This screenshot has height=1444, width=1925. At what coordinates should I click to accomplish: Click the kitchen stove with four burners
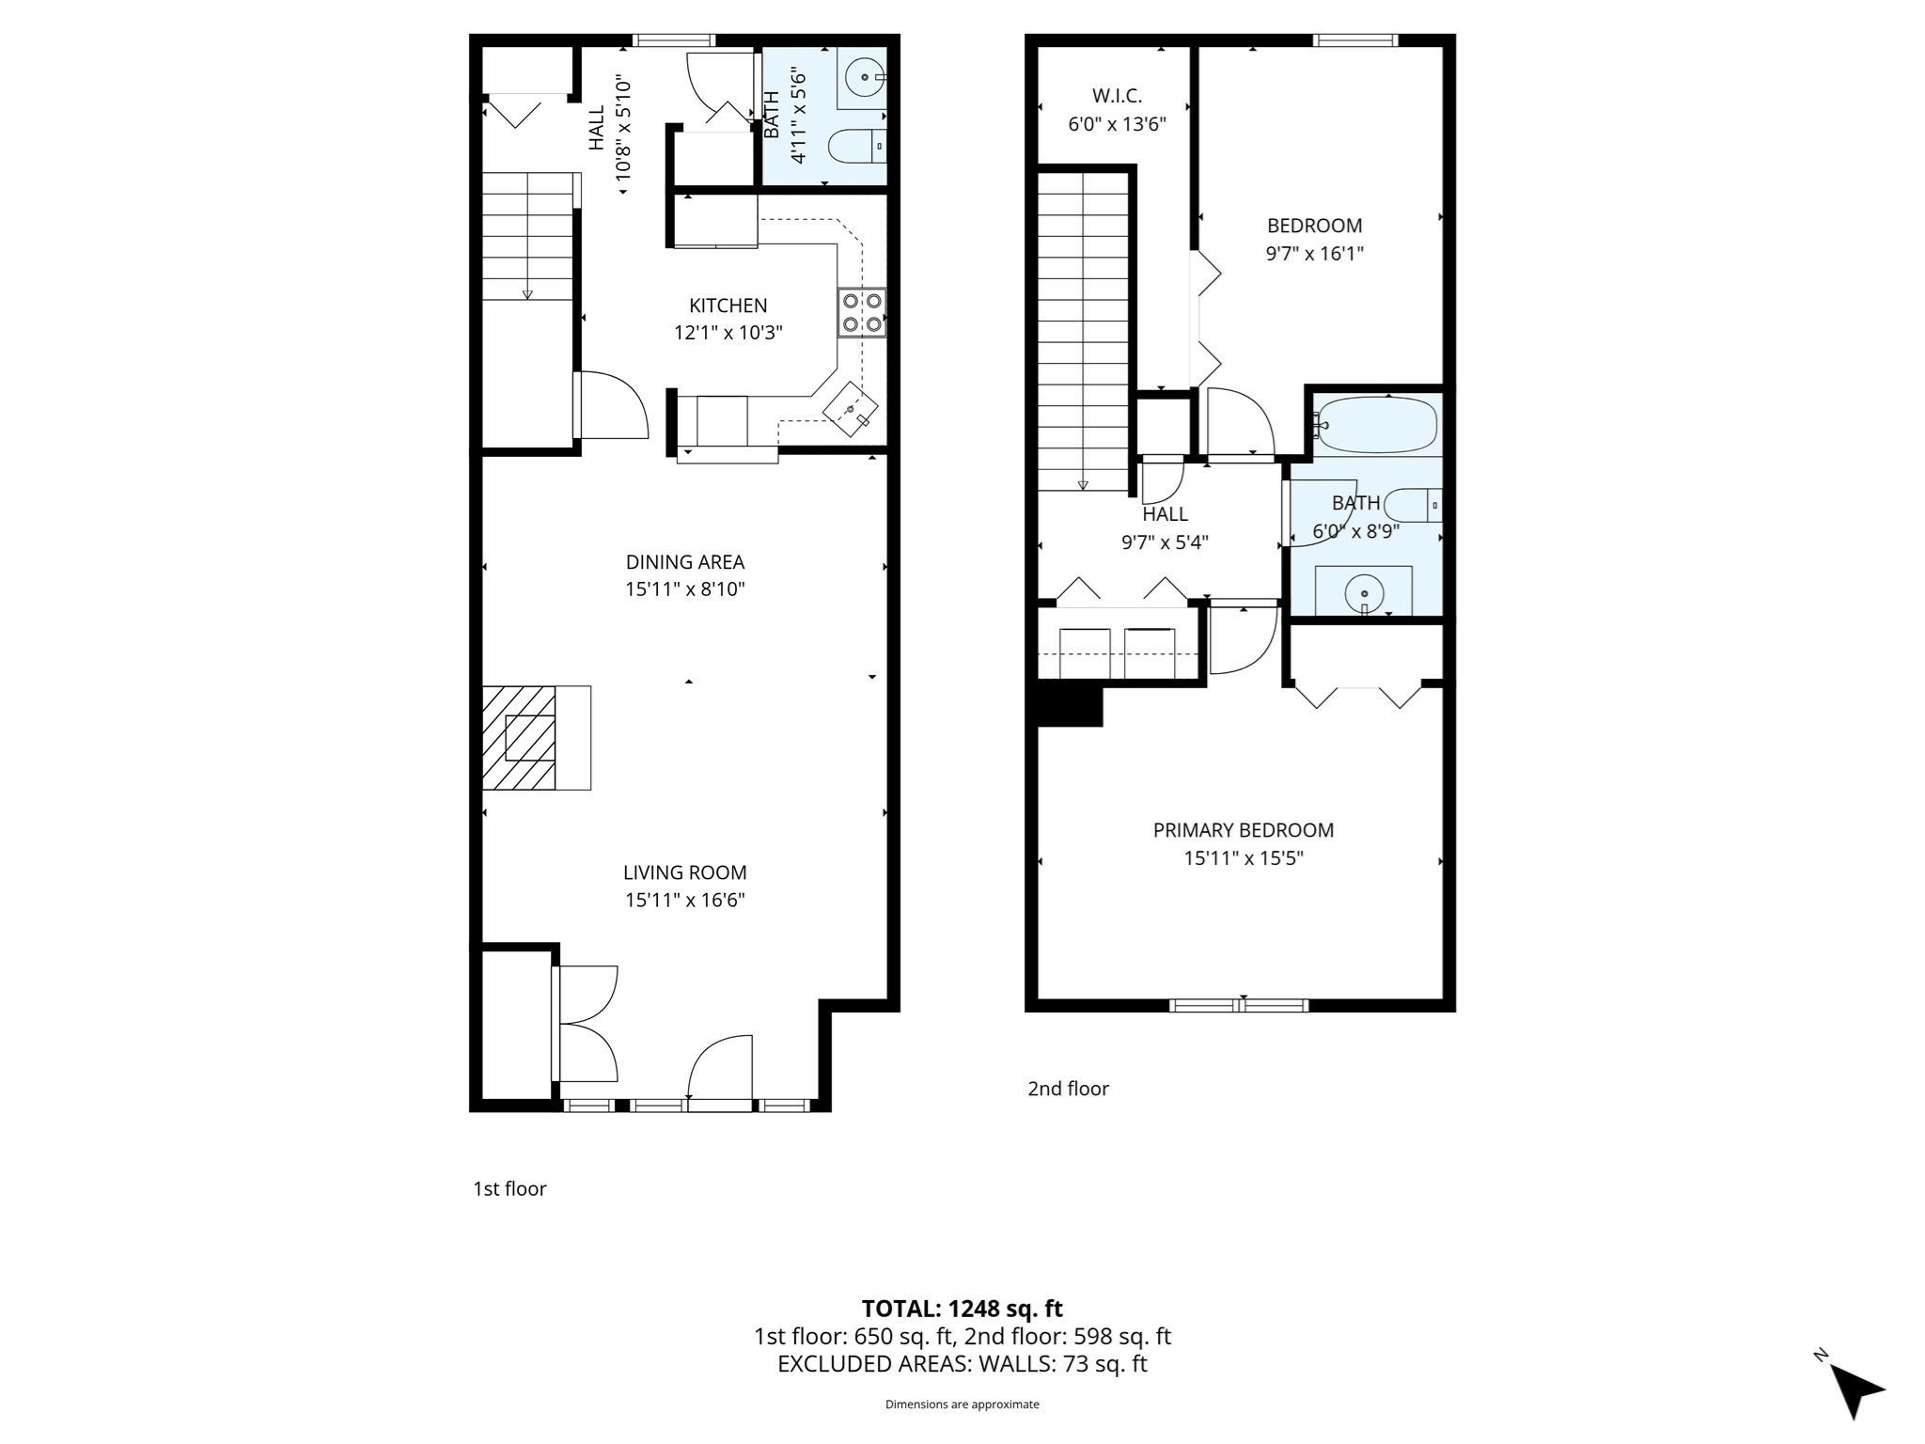point(862,313)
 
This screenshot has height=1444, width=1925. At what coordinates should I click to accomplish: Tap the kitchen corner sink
point(851,409)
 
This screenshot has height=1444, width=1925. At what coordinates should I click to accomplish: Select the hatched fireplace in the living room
point(519,738)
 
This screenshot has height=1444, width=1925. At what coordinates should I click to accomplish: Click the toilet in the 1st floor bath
point(855,146)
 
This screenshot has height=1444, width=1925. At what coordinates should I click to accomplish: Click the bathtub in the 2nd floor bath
point(1378,424)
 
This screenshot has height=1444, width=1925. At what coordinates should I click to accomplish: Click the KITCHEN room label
point(728,306)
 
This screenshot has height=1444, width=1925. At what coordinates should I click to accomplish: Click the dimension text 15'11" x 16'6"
point(685,900)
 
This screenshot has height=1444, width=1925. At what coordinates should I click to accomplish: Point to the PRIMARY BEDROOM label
point(1243,830)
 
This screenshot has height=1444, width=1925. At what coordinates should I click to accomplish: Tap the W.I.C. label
point(1117,96)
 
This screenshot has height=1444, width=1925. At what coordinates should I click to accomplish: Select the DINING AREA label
point(685,562)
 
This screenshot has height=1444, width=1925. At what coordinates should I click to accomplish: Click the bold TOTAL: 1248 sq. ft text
point(962,1309)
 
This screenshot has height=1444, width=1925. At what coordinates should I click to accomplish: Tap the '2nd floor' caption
point(1068,1089)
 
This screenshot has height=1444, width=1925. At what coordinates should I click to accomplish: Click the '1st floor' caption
point(509,1188)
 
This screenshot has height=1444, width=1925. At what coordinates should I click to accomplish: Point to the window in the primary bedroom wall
point(1239,1005)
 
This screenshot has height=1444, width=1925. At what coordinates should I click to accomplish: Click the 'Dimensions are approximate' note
point(962,1405)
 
